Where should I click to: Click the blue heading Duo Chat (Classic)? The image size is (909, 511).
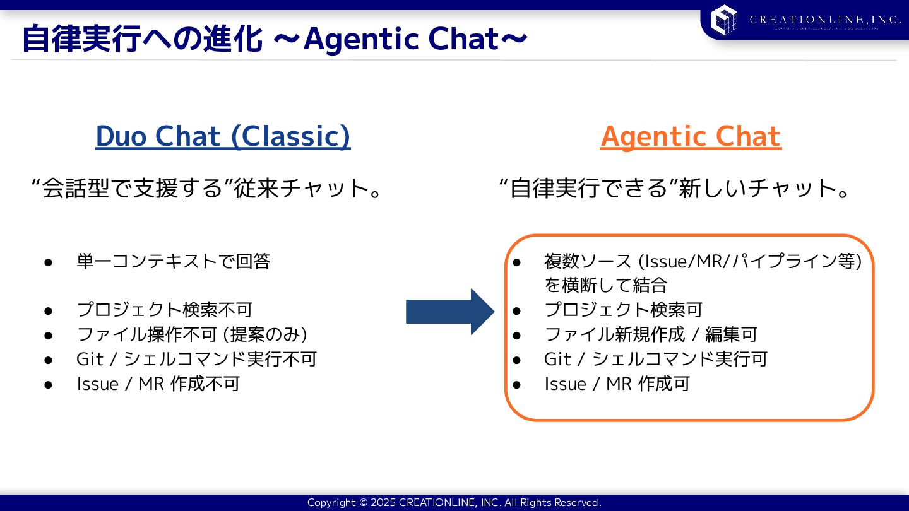click(x=223, y=136)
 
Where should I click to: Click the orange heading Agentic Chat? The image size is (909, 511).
click(x=691, y=136)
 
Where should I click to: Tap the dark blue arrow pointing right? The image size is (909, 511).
click(x=449, y=312)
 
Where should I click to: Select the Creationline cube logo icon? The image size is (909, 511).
click(x=724, y=19)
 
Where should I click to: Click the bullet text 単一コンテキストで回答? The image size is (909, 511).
click(x=173, y=261)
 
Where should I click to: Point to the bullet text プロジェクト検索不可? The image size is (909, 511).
click(x=164, y=310)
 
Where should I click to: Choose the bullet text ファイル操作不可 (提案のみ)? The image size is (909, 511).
click(x=192, y=334)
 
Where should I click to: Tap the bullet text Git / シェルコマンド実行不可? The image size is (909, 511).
click(x=196, y=359)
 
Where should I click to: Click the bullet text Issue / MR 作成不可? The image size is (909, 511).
click(x=158, y=384)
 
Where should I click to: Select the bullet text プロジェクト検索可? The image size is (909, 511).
click(x=623, y=310)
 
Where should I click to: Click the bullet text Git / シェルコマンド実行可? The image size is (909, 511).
click(x=655, y=359)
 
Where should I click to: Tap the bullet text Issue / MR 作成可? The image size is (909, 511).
click(x=617, y=384)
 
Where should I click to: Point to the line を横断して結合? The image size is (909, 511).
click(x=605, y=285)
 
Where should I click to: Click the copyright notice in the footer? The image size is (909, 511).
click(x=454, y=503)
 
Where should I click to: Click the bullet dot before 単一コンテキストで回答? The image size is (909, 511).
click(x=48, y=262)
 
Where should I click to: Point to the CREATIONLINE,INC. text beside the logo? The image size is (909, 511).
click(x=824, y=20)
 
